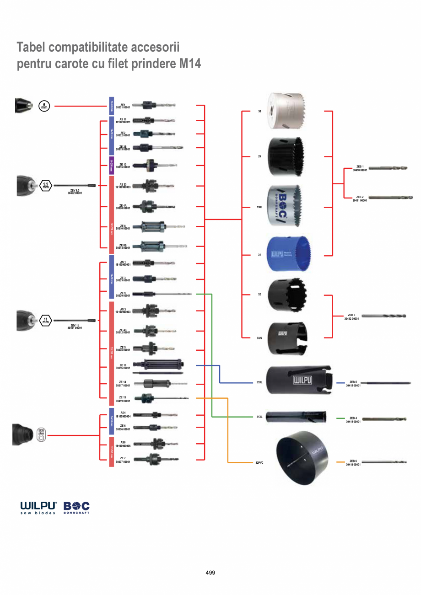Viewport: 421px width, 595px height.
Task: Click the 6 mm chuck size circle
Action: pos(44,106)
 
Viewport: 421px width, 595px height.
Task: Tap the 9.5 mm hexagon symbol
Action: pos(46,185)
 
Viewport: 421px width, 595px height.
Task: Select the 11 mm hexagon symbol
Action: pos(46,321)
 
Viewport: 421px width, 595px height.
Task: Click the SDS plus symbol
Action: pos(41,435)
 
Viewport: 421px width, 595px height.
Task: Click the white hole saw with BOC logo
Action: pos(285,205)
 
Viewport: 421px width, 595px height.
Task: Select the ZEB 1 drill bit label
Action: pos(360,168)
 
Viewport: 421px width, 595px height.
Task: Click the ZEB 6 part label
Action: pos(353,462)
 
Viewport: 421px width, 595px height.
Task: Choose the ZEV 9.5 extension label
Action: pos(75,192)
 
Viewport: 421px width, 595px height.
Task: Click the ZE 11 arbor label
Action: pos(123,366)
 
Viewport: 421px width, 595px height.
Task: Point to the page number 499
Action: pos(210,573)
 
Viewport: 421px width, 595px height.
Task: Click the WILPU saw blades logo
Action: pos(38,508)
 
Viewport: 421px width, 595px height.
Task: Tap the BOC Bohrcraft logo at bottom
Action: pos(76,508)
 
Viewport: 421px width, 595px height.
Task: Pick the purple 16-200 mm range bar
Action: pos(111,166)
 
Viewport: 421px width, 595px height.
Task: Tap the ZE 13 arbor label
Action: pos(123,399)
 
